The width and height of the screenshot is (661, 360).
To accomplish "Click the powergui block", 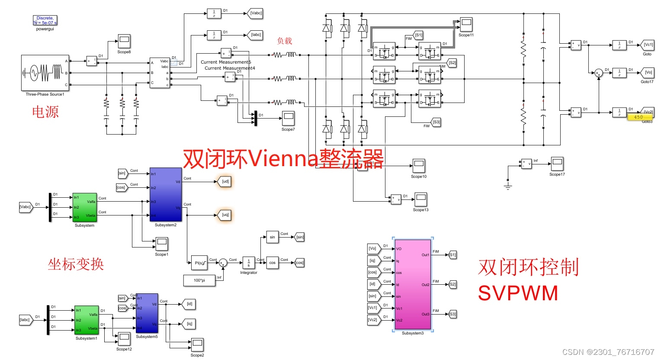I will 45,20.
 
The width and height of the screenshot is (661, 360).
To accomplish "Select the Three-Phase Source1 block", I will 45,73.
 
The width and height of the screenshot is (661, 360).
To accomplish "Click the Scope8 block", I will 124,41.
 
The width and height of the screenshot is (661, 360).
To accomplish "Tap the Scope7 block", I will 288,118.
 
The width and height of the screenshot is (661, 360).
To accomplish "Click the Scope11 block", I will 466,24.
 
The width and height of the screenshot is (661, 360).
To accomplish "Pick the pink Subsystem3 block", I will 413,284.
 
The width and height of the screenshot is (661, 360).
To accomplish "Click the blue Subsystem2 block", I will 165,194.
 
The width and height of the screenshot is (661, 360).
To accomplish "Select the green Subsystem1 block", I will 87,320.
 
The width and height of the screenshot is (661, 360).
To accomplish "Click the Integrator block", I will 248,263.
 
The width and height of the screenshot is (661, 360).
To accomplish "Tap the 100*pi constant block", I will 199,280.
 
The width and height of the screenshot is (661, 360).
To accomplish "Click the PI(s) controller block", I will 199,263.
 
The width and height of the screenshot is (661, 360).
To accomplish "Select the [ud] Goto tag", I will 225,182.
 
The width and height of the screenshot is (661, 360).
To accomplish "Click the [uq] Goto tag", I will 225,215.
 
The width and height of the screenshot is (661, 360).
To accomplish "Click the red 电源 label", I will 45,112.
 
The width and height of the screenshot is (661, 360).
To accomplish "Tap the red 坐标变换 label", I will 76,264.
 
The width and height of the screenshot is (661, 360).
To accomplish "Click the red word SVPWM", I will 518,293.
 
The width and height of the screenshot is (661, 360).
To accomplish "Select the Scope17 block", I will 557,164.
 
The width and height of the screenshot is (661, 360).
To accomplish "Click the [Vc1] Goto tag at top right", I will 648,45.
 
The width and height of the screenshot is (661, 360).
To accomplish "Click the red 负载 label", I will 285,41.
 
